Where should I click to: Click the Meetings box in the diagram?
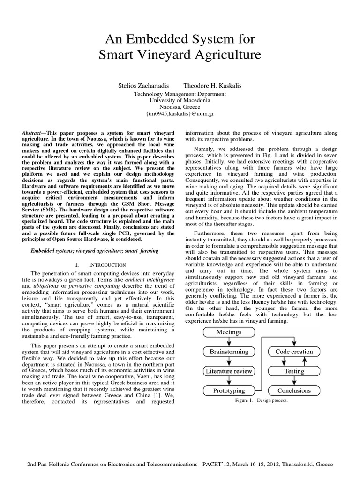pos(229,332)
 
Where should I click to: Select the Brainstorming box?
pos(229,352)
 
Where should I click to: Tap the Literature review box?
pos(229,371)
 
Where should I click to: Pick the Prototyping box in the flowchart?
pos(229,390)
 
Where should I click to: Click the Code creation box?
pos(294,352)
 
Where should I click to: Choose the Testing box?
pos(294,371)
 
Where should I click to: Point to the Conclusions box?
pos(294,390)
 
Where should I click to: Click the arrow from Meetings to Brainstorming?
pos(229,342)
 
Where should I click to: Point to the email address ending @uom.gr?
pos(180,114)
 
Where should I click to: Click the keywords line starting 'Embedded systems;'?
pos(94,251)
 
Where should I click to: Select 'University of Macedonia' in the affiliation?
pos(180,100)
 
